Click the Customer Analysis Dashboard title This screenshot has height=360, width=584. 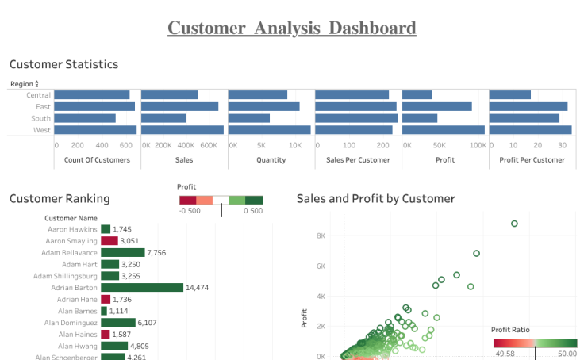(x=291, y=29)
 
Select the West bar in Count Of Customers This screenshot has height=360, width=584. (x=95, y=130)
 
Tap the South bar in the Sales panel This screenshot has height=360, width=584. (x=163, y=118)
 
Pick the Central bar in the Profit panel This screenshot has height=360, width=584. (x=417, y=95)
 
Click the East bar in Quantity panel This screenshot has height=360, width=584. (x=263, y=106)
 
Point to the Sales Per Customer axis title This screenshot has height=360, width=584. (x=358, y=159)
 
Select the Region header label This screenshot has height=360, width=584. (x=21, y=84)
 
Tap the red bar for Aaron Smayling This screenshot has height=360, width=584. (x=109, y=240)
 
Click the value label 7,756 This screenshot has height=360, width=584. (x=157, y=252)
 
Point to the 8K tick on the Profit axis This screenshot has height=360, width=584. (x=321, y=236)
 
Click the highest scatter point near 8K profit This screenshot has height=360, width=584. (x=514, y=224)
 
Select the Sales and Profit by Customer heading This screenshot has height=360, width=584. (x=375, y=199)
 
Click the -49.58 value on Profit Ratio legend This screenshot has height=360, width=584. (x=505, y=353)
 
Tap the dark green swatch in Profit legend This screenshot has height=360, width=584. (x=254, y=201)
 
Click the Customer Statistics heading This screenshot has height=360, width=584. (x=63, y=64)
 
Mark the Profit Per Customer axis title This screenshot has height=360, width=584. (x=532, y=159)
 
